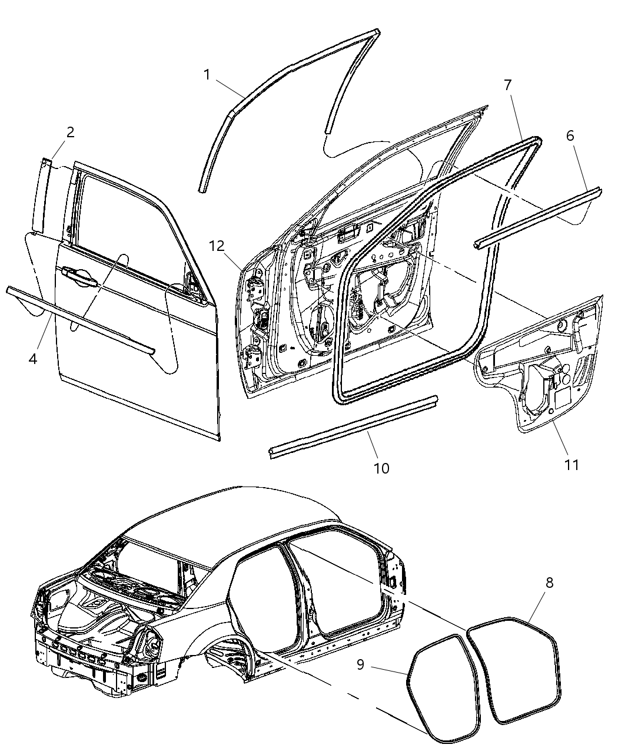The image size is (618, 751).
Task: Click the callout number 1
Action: [x=207, y=75]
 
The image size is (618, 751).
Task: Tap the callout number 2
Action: [x=70, y=132]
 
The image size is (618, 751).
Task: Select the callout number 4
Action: [x=33, y=358]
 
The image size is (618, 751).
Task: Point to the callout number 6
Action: [x=570, y=136]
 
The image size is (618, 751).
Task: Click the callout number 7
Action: [x=507, y=85]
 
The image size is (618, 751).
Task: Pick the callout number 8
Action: [x=549, y=583]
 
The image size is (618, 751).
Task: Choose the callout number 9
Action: [x=360, y=664]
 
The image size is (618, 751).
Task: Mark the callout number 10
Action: [x=381, y=468]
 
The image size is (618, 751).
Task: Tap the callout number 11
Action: [x=572, y=465]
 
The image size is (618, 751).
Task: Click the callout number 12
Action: [x=217, y=246]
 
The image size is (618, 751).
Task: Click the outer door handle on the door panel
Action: [x=78, y=274]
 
